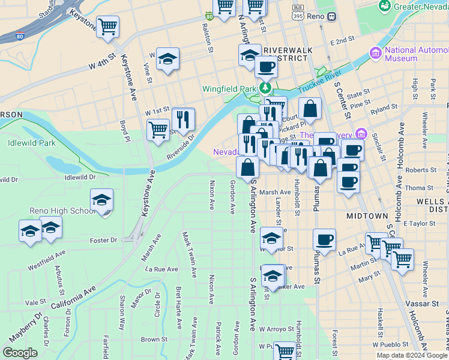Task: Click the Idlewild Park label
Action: point(32,143)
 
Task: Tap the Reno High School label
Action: point(62,211)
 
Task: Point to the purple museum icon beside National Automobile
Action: point(376,54)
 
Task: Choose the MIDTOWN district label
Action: point(367,215)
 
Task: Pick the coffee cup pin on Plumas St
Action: point(324,240)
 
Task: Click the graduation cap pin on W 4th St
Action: point(167,59)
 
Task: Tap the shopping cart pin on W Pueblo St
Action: point(285,350)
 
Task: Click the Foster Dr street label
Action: point(103,241)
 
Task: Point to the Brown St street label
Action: point(154,340)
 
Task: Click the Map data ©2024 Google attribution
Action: point(412,355)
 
